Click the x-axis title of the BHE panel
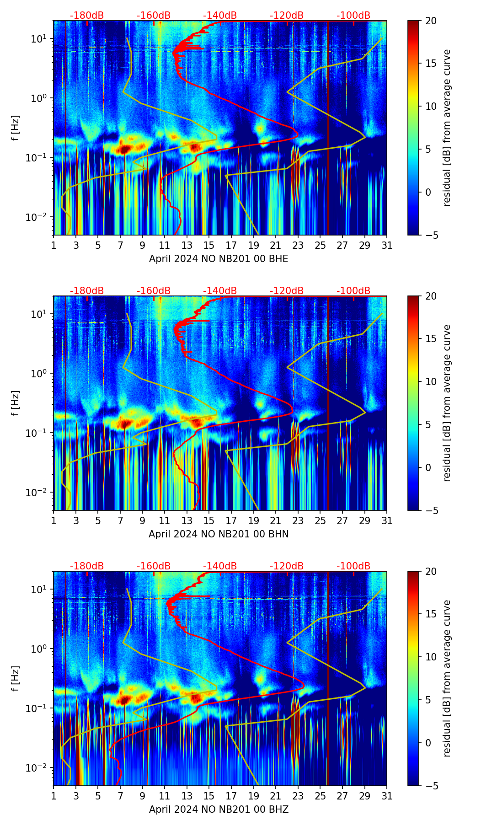pos(219,259)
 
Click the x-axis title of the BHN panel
pos(219,534)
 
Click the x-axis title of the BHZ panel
pos(219,810)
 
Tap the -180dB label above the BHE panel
pos(87,16)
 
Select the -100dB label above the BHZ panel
pos(353,566)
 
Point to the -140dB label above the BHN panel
pos(220,291)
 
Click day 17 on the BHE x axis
pos(231,245)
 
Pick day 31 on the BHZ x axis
pos(387,796)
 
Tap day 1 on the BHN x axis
pos(54,520)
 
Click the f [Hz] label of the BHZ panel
pos(16,679)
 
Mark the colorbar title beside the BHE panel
pos(447,128)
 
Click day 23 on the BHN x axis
pos(298,520)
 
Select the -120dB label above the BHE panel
pos(287,16)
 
